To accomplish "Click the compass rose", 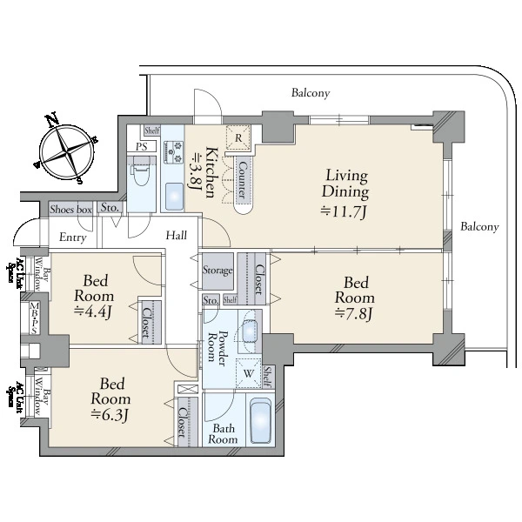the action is pyautogui.click(x=67, y=150).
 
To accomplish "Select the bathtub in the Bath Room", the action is pyautogui.click(x=260, y=421).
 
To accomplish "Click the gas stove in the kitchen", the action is pyautogui.click(x=173, y=152).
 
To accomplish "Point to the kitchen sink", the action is pyautogui.click(x=174, y=197).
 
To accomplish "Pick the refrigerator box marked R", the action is pyautogui.click(x=238, y=137).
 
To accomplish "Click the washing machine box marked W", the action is pyautogui.click(x=248, y=373).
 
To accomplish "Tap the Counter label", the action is pyautogui.click(x=244, y=180).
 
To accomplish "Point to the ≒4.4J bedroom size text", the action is pyautogui.click(x=94, y=312).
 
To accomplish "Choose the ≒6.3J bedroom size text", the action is pyautogui.click(x=110, y=415).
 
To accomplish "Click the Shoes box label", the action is pyautogui.click(x=71, y=210).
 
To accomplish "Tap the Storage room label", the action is pyautogui.click(x=217, y=270).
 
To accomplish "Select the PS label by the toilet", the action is pyautogui.click(x=142, y=146).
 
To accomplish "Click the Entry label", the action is pyautogui.click(x=73, y=238).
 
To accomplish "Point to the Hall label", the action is pyautogui.click(x=177, y=236).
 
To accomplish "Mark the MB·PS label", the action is pyautogui.click(x=34, y=318).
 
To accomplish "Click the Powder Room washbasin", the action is pyautogui.click(x=251, y=331).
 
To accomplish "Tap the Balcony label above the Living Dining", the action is pyautogui.click(x=311, y=93).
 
